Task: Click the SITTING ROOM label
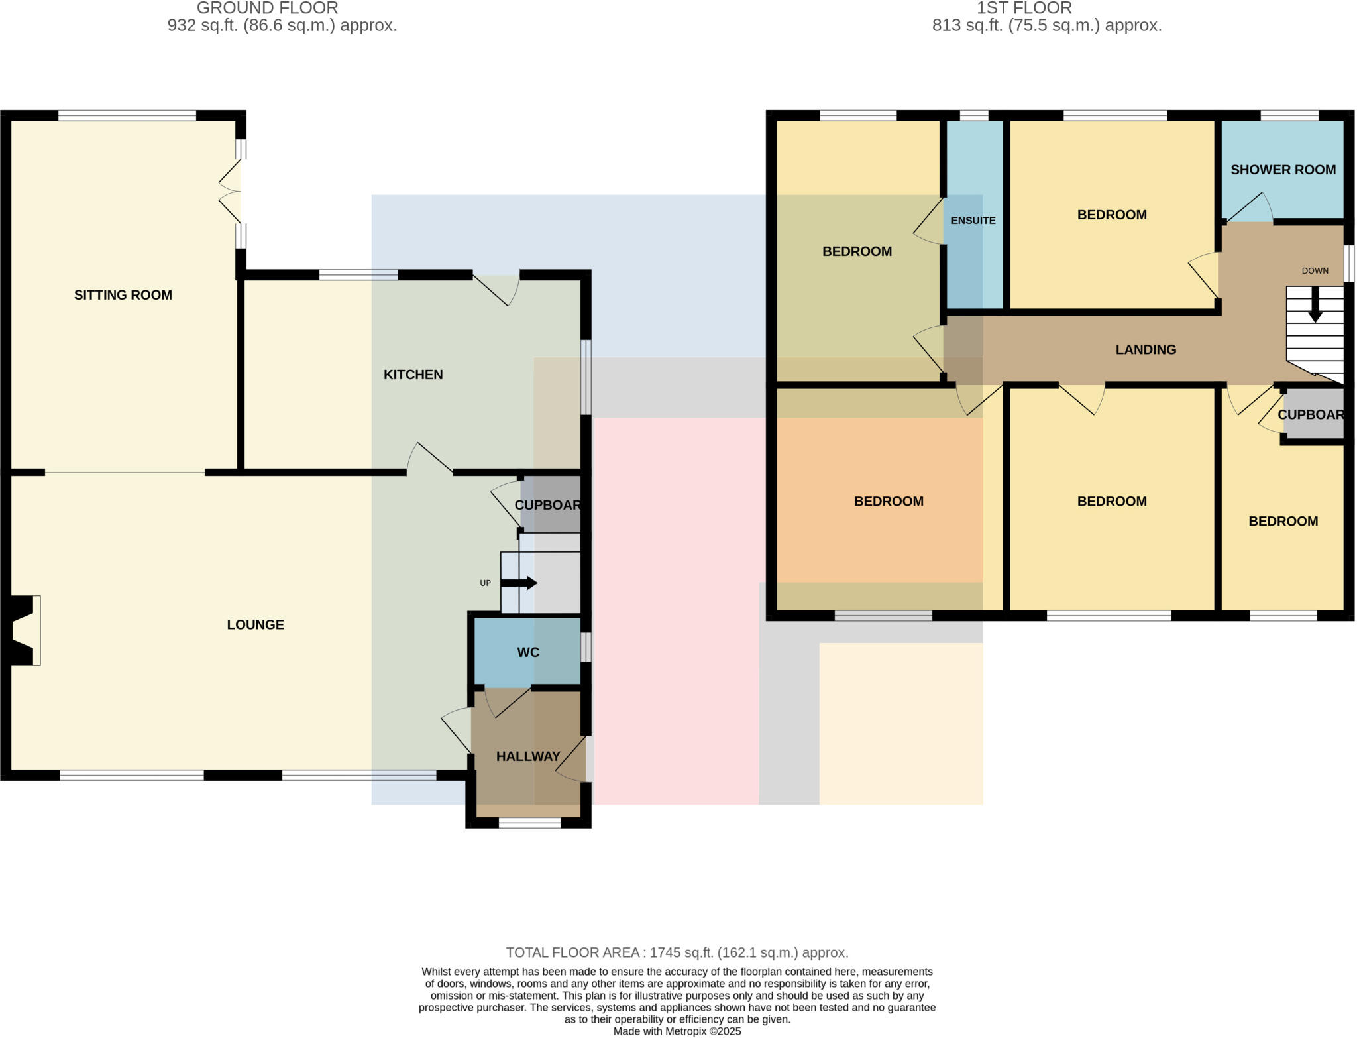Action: coord(123,295)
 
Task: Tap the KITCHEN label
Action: coord(413,375)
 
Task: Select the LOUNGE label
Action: coord(255,624)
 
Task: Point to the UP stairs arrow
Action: coord(519,583)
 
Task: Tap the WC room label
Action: coord(528,652)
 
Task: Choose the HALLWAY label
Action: coord(528,756)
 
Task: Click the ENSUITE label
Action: coord(973,221)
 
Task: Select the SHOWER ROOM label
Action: coord(1283,170)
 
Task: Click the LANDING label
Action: coord(1146,349)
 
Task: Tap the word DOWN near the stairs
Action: coord(1315,270)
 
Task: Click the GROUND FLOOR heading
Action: coord(268,8)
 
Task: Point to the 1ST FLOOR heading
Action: coord(1024,8)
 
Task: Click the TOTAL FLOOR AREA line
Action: coord(677,952)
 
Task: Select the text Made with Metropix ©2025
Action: coord(677,1031)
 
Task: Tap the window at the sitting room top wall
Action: coord(127,116)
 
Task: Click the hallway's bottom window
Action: coord(529,823)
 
